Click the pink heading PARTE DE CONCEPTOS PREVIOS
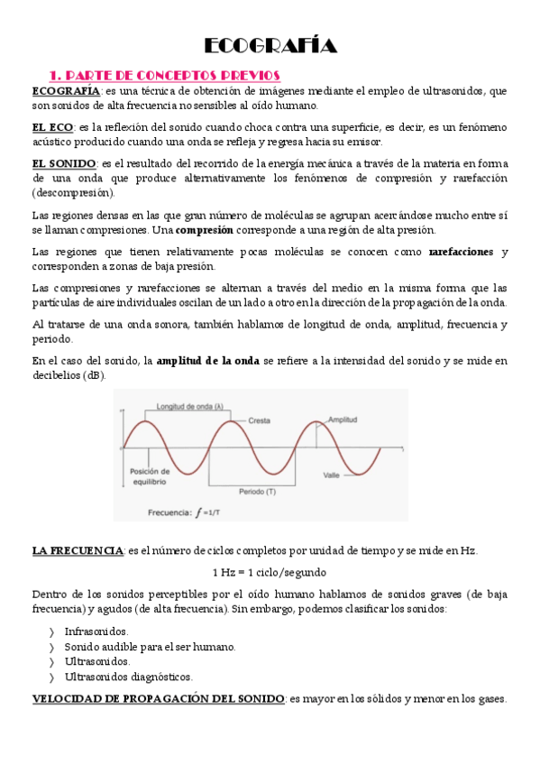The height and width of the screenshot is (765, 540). [x=165, y=75]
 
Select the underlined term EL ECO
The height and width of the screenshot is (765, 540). [x=52, y=127]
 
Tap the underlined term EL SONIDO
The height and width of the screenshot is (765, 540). [x=64, y=162]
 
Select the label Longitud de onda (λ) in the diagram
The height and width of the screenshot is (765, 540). [x=190, y=407]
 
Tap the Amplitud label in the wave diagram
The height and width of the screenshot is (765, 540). [x=343, y=420]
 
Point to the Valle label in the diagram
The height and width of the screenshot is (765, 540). [x=333, y=475]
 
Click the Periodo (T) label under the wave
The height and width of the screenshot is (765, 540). [x=257, y=492]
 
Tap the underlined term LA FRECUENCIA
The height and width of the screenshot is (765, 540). [x=78, y=550]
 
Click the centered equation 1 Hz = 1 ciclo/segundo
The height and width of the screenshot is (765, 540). [x=270, y=572]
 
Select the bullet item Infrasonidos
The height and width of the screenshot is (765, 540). [x=96, y=631]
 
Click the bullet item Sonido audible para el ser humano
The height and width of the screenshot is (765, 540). [x=149, y=647]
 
